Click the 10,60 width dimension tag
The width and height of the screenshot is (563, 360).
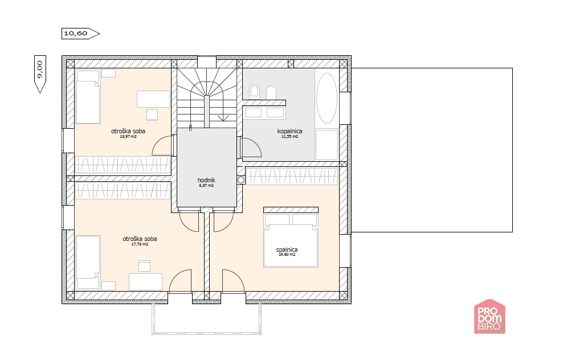tap(80, 34)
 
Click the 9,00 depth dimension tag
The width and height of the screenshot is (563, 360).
tap(40, 74)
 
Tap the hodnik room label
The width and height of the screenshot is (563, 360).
tap(206, 180)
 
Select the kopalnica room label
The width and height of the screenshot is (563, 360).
tap(289, 131)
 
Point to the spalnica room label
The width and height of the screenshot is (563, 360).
tap(287, 249)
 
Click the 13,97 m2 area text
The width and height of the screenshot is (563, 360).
tap(128, 136)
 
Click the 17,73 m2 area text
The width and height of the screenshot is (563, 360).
tap(140, 244)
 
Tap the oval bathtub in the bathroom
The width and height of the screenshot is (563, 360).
tap(327, 98)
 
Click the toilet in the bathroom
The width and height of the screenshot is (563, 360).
tap(254, 91)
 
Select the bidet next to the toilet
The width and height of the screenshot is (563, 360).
tap(271, 92)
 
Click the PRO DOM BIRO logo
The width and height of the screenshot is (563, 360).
tap(489, 317)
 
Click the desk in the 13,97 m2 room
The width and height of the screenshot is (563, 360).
tap(153, 99)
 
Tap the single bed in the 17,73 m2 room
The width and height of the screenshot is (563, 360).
tap(88, 262)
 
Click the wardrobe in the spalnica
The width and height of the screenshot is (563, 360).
tap(292, 176)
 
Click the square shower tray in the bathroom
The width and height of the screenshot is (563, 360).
tap(327, 145)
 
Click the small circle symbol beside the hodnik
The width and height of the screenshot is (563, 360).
tap(241, 180)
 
